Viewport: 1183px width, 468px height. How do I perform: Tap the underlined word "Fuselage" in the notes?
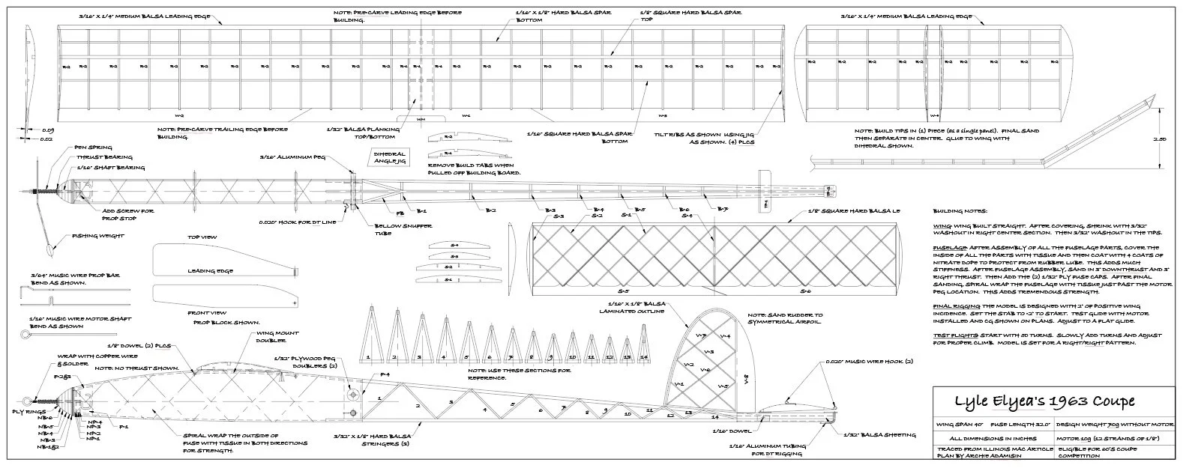coord(949,245)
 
